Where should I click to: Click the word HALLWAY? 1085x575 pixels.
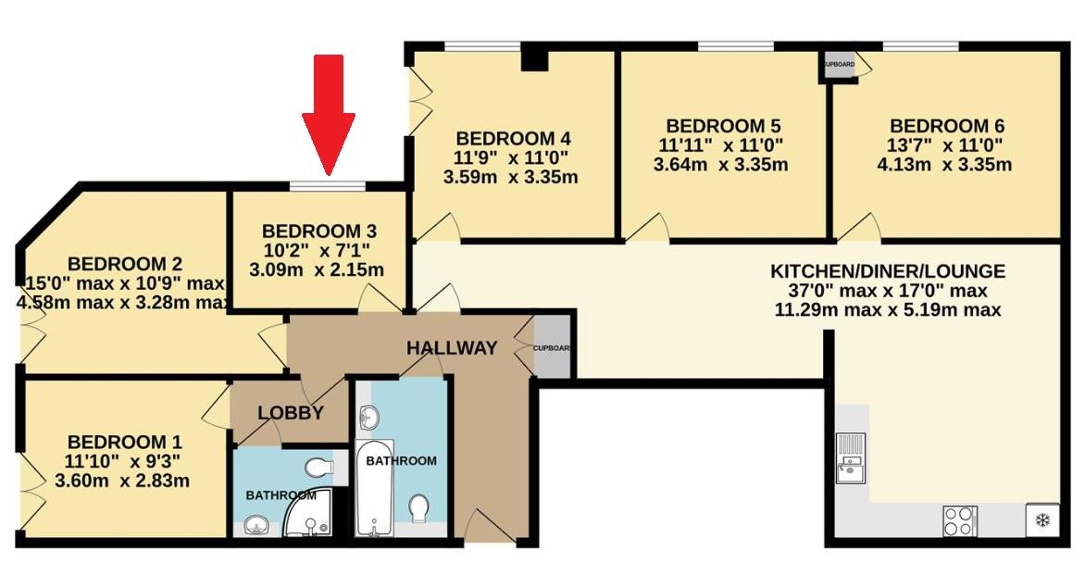(452, 348)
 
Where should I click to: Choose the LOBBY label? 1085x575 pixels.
(290, 413)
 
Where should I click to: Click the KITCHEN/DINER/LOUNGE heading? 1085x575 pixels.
(887, 271)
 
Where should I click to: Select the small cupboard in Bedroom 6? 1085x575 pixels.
(840, 67)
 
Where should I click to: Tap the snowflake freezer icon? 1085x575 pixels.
(1041, 520)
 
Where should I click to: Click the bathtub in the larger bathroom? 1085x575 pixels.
(375, 491)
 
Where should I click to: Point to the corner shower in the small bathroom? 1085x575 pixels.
(308, 516)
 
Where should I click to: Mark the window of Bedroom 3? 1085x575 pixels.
(327, 187)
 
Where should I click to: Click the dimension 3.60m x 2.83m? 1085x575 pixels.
(122, 481)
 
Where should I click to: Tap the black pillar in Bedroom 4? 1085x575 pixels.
(534, 59)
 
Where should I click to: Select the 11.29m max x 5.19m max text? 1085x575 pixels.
(887, 310)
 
